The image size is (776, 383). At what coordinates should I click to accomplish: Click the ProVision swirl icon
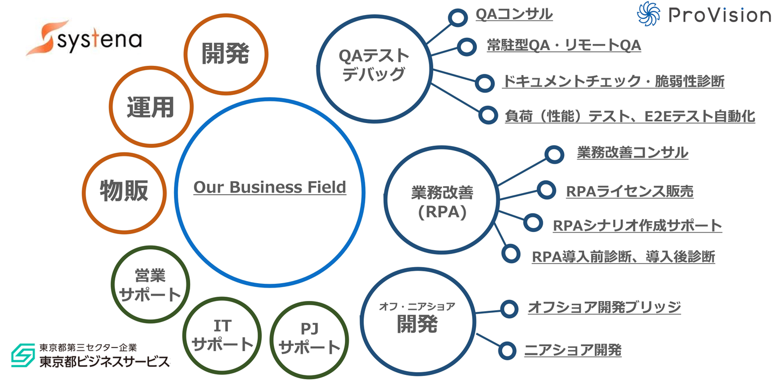(x=648, y=14)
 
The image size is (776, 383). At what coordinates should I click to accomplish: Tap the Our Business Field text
(x=269, y=187)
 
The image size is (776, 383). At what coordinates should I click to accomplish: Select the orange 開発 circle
(x=226, y=54)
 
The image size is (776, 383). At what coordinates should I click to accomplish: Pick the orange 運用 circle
(x=150, y=107)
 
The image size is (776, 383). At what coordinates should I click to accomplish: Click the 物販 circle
(x=124, y=191)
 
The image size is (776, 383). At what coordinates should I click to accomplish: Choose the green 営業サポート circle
(x=150, y=284)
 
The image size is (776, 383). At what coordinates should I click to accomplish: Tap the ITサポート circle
(x=222, y=335)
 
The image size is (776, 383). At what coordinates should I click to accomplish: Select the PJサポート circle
(x=309, y=338)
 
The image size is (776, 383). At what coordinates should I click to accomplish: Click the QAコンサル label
(x=514, y=15)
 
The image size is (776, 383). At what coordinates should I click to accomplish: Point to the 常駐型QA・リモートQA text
(x=564, y=46)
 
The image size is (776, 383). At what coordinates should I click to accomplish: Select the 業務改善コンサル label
(x=632, y=153)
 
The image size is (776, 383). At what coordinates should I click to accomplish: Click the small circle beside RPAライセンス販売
(x=546, y=190)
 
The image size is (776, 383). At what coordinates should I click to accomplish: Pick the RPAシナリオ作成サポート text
(x=638, y=225)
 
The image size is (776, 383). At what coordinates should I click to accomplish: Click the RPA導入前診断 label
(x=623, y=257)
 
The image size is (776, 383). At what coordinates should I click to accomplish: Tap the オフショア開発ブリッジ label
(x=604, y=307)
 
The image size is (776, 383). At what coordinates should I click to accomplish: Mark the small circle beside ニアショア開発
(x=507, y=350)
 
